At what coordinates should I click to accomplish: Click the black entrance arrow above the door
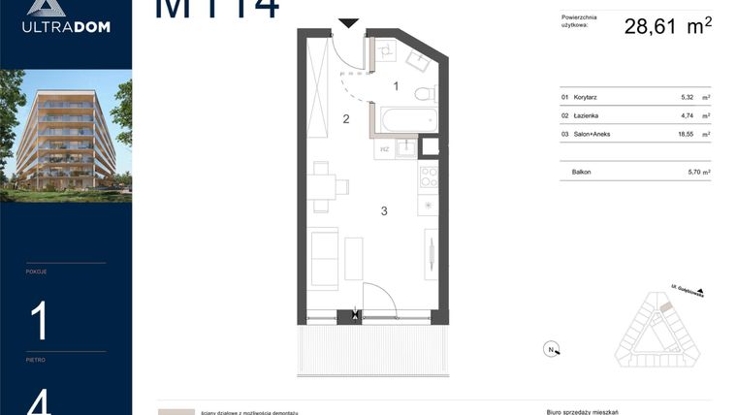pyautogui.click(x=348, y=21)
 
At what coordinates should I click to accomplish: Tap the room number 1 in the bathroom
pyautogui.click(x=396, y=86)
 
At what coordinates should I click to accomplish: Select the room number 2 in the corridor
pyautogui.click(x=345, y=119)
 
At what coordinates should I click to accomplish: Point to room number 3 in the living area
pyautogui.click(x=384, y=210)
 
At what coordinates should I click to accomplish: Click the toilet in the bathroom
pyautogui.click(x=423, y=94)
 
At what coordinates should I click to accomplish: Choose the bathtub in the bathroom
pyautogui.click(x=405, y=121)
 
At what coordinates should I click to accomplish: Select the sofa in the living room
pyautogui.click(x=322, y=257)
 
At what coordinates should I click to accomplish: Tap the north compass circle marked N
pyautogui.click(x=550, y=350)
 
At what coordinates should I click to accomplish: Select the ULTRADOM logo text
pyautogui.click(x=66, y=26)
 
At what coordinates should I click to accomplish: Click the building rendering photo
pyautogui.click(x=66, y=135)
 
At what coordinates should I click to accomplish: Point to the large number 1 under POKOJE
pyautogui.click(x=39, y=321)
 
